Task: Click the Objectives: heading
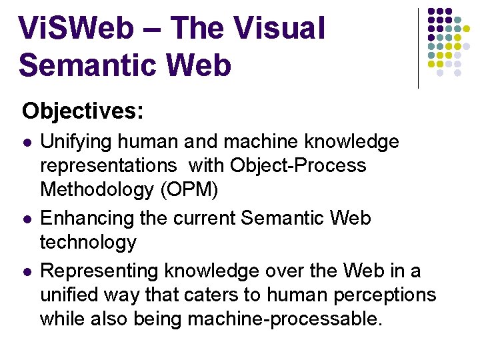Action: [82, 111]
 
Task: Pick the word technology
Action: [88, 242]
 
